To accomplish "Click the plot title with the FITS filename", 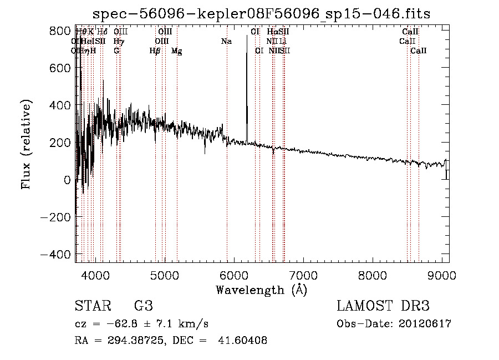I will click(x=261, y=13).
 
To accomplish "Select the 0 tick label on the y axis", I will click(x=66, y=180).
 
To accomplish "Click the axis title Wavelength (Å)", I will click(x=261, y=290).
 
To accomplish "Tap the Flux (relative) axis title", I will click(x=26, y=144).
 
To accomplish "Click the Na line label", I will click(x=226, y=41).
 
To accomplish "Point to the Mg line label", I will click(x=176, y=51).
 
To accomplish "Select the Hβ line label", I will click(x=155, y=51).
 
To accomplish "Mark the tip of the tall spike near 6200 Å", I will click(x=247, y=37).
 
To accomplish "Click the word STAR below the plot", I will click(x=93, y=307).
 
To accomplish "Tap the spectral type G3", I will click(x=144, y=307).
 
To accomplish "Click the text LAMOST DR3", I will click(x=383, y=307).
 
